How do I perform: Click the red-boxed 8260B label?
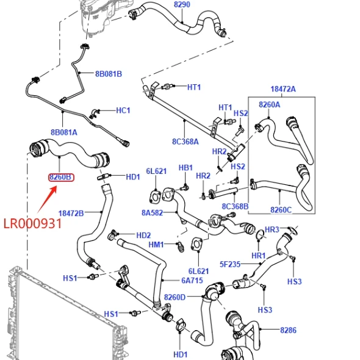[61, 177]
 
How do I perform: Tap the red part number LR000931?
[33, 223]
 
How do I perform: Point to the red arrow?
[47, 200]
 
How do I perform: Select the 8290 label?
[182, 4]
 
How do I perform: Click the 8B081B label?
[109, 74]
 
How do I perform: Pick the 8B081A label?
[64, 132]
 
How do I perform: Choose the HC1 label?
[123, 110]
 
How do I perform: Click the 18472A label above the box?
[283, 89]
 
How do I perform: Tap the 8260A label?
[270, 105]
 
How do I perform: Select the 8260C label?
[281, 210]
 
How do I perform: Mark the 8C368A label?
[185, 142]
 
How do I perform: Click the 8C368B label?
[235, 206]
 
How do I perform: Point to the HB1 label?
[185, 168]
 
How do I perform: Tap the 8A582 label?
[152, 213]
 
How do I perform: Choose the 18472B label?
[71, 214]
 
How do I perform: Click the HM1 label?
[156, 245]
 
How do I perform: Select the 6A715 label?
[192, 280]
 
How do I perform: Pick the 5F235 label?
[230, 264]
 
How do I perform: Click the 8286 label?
[289, 330]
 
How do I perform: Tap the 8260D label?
[175, 297]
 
